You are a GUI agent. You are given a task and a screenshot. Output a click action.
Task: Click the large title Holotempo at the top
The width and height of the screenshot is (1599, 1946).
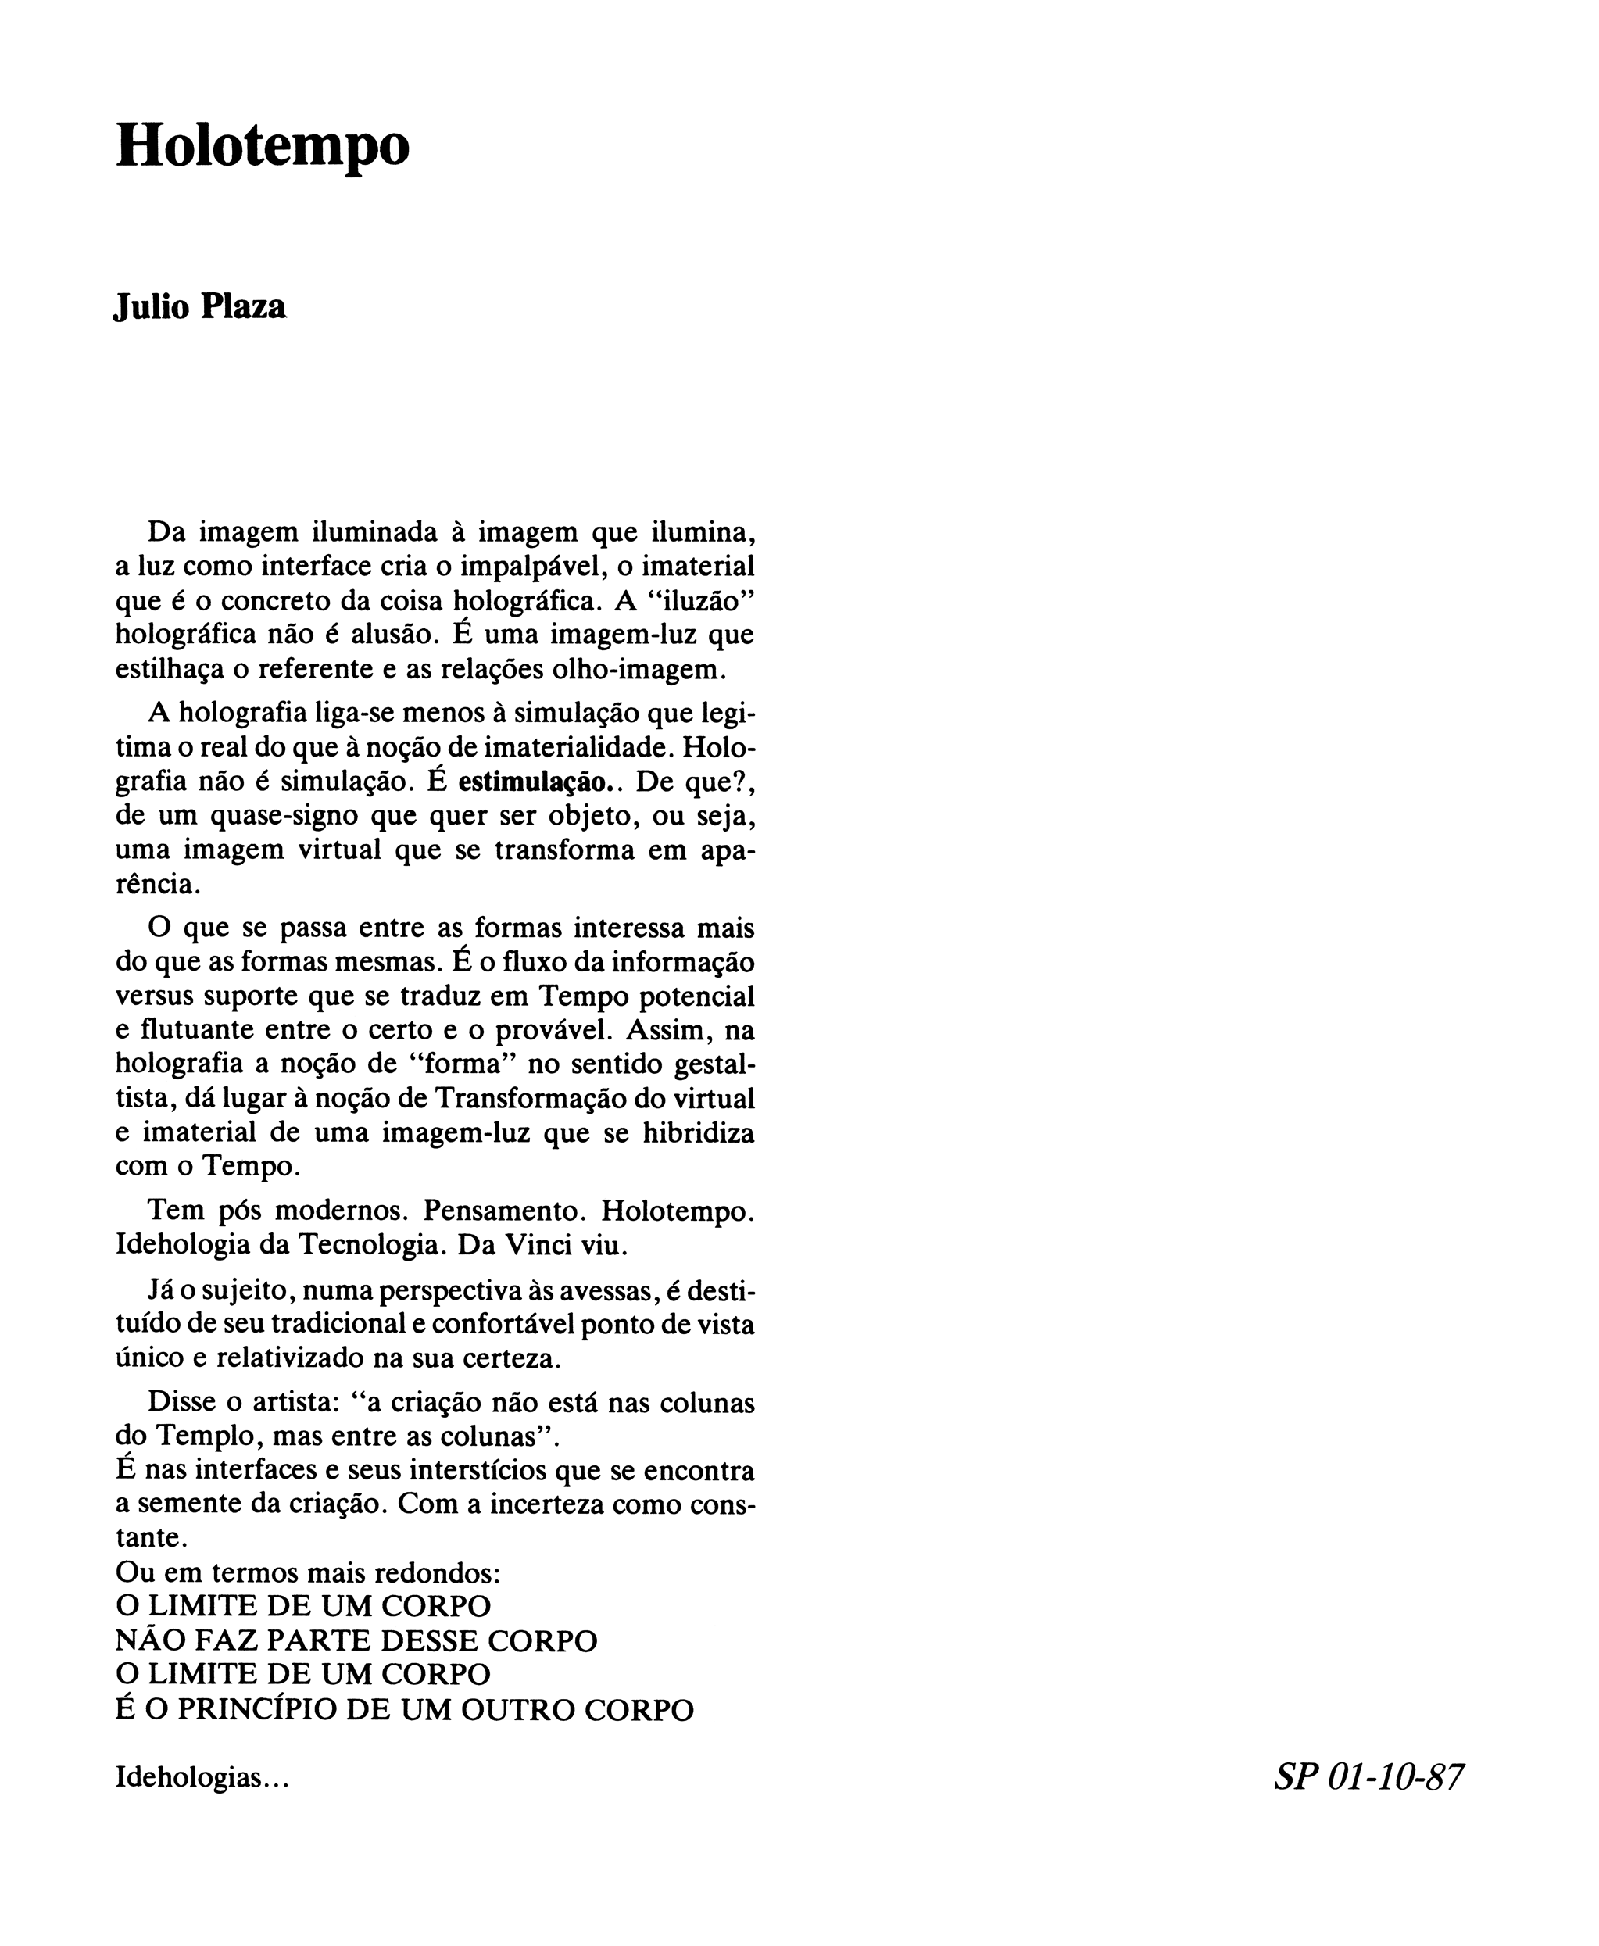tap(263, 145)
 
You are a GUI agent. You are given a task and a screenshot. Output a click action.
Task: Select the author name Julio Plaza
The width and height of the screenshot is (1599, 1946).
tap(200, 306)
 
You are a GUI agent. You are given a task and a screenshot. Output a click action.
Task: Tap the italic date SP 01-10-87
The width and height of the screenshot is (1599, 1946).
tap(1368, 1776)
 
